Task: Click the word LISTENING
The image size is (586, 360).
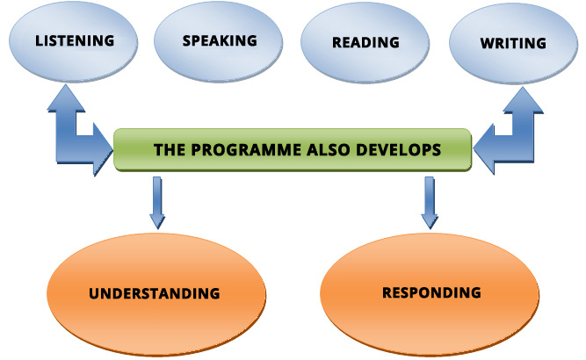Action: pyautogui.click(x=75, y=40)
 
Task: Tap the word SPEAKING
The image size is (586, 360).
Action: pyautogui.click(x=220, y=40)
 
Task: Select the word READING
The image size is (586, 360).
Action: pyautogui.click(x=365, y=42)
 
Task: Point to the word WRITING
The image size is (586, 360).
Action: pyautogui.click(x=513, y=43)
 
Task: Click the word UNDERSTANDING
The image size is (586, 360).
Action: pyautogui.click(x=155, y=293)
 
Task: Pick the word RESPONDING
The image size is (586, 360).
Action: pyautogui.click(x=431, y=292)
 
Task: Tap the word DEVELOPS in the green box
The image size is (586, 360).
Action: pyautogui.click(x=399, y=150)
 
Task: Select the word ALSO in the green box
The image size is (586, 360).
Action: pyautogui.click(x=329, y=150)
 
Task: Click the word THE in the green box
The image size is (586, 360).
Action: pyautogui.click(x=170, y=150)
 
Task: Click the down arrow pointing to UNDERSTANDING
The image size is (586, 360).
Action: pyautogui.click(x=157, y=203)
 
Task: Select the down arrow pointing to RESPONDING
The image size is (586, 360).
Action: pyautogui.click(x=430, y=203)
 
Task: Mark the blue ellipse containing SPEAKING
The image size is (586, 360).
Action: pyautogui.click(x=219, y=42)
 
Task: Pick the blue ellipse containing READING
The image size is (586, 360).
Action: pyautogui.click(x=365, y=42)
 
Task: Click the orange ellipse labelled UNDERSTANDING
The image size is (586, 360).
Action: pyautogui.click(x=156, y=294)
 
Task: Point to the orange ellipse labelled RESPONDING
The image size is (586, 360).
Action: pyautogui.click(x=430, y=294)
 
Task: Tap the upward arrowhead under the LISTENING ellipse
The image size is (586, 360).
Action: pyautogui.click(x=66, y=97)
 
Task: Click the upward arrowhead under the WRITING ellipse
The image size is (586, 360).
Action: pyautogui.click(x=524, y=100)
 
